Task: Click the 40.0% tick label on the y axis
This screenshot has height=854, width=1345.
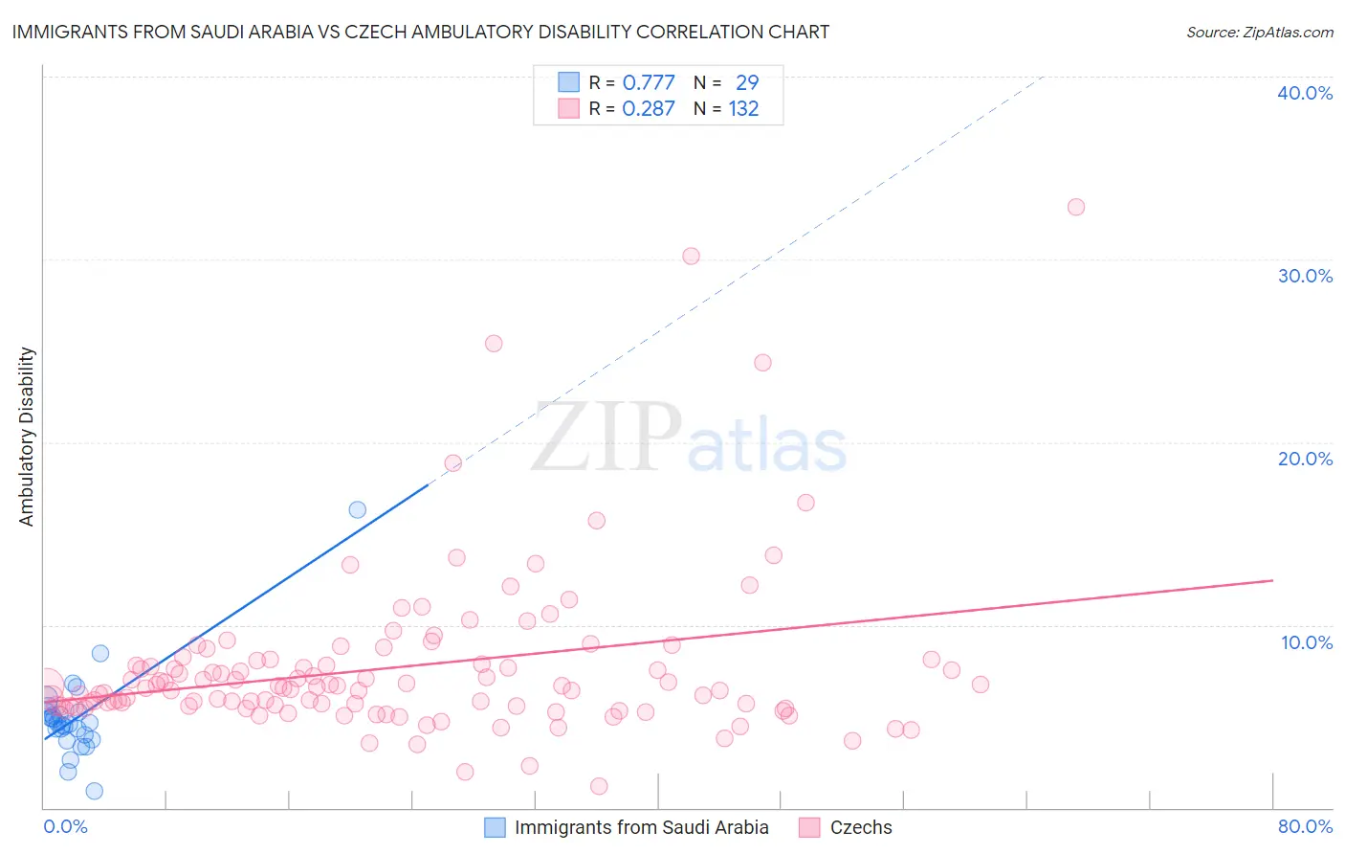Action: pyautogui.click(x=1305, y=93)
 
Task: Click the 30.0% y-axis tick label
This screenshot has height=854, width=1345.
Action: pyautogui.click(x=1305, y=276)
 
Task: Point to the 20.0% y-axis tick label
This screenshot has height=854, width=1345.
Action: pyautogui.click(x=1305, y=459)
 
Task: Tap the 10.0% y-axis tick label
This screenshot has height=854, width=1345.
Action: pyautogui.click(x=1307, y=642)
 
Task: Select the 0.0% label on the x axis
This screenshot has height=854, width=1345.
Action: pyautogui.click(x=65, y=826)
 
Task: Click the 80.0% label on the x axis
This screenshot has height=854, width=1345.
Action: pyautogui.click(x=1305, y=826)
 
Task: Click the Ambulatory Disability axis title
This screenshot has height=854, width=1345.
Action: pyautogui.click(x=27, y=436)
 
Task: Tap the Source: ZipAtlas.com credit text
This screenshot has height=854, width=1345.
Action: pyautogui.click(x=1259, y=32)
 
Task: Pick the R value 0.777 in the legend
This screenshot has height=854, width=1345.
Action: pyautogui.click(x=649, y=83)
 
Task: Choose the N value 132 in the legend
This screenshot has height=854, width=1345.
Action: pyautogui.click(x=743, y=109)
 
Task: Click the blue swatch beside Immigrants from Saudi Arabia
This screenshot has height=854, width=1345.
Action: pyautogui.click(x=495, y=827)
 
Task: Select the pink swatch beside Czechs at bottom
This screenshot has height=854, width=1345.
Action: pyautogui.click(x=810, y=827)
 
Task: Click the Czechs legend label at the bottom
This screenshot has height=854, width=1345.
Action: pyautogui.click(x=861, y=827)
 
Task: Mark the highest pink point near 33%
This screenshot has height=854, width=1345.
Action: pyautogui.click(x=1076, y=207)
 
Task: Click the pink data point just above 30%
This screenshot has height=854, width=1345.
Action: pyautogui.click(x=691, y=256)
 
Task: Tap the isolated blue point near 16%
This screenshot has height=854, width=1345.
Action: pyautogui.click(x=357, y=509)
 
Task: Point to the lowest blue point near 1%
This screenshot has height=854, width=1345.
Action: pyautogui.click(x=94, y=791)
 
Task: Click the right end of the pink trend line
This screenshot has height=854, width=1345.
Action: pyautogui.click(x=1272, y=580)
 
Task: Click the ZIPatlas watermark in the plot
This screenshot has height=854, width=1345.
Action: pyautogui.click(x=689, y=438)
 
